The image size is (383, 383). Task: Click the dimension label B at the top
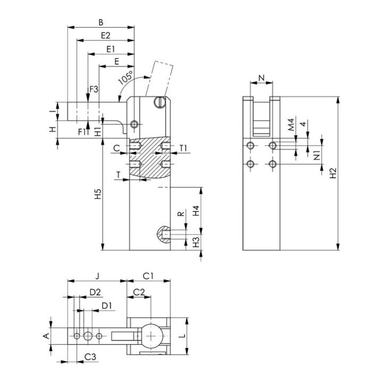pyautogui.click(x=101, y=22)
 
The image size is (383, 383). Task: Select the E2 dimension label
pyautogui.click(x=105, y=36)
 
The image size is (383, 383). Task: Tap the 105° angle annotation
pyautogui.click(x=126, y=78)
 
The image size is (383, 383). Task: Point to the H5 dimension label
pyautogui.click(x=98, y=194)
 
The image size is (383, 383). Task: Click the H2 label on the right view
pyautogui.click(x=333, y=173)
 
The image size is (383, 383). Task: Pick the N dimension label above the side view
pyautogui.click(x=262, y=78)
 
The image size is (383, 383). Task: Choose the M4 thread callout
pyautogui.click(x=291, y=124)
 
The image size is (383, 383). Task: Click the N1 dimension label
pyautogui.click(x=317, y=155)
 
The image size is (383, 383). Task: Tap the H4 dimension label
pyautogui.click(x=196, y=211)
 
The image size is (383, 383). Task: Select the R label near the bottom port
pyautogui.click(x=181, y=214)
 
